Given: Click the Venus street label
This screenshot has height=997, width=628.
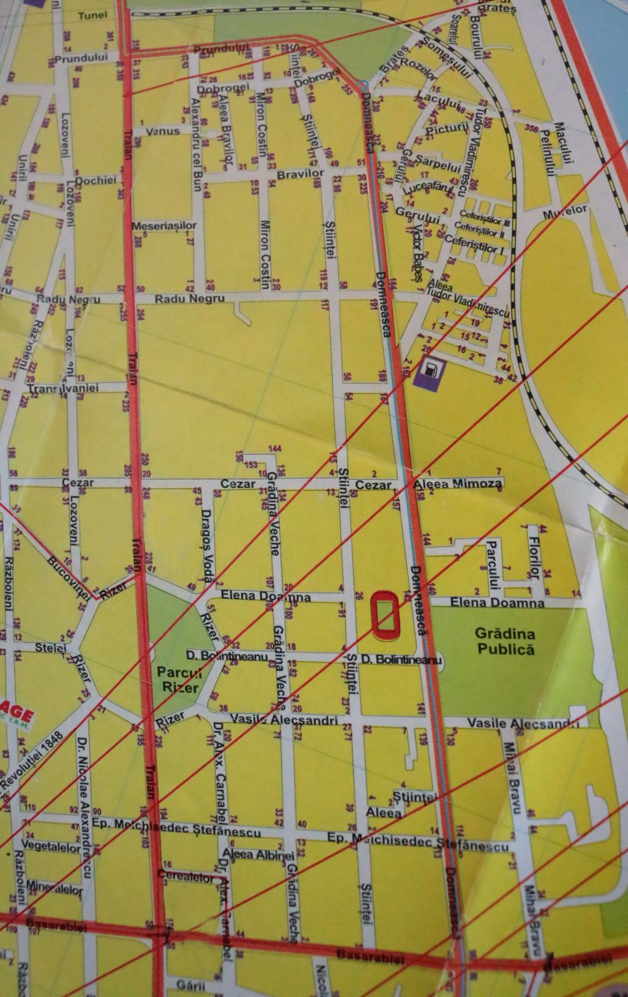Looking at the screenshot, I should pos(163,131).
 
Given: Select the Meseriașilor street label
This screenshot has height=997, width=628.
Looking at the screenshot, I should pos(164,225).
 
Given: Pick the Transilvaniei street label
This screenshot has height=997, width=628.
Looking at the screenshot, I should pos(63,388).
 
